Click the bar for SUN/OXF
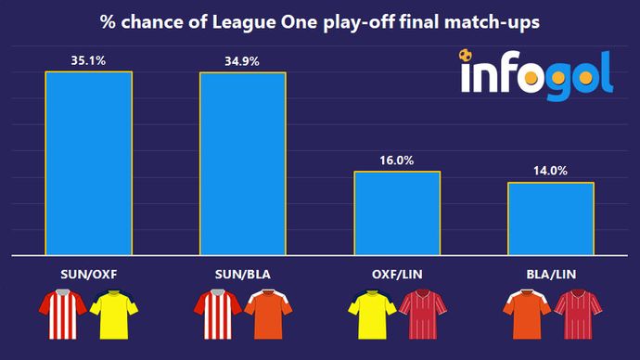[88, 162]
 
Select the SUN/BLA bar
[242, 162]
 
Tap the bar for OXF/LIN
[397, 212]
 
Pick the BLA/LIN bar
[551, 218]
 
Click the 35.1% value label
[88, 61]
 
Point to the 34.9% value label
[242, 61]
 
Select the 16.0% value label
[397, 161]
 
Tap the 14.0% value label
[551, 171]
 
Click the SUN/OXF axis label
[88, 275]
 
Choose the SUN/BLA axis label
[242, 275]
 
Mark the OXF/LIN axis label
[397, 275]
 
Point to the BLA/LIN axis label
[551, 275]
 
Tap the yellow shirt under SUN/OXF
[113, 315]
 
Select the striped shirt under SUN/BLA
[217, 315]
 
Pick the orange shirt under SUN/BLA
[268, 315]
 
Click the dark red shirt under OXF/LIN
[423, 315]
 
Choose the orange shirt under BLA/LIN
[526, 315]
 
